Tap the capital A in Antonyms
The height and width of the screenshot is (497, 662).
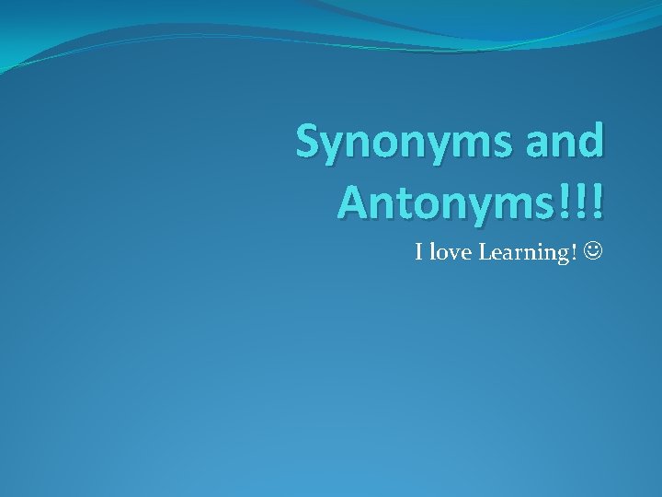point(354,202)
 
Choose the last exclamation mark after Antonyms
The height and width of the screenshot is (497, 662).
point(597,202)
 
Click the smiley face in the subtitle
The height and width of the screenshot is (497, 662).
point(593,250)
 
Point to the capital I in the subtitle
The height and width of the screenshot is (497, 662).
point(419,252)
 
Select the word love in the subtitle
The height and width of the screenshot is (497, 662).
point(450,252)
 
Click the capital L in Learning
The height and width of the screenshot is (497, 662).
point(485,252)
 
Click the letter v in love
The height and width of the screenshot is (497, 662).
point(455,254)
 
